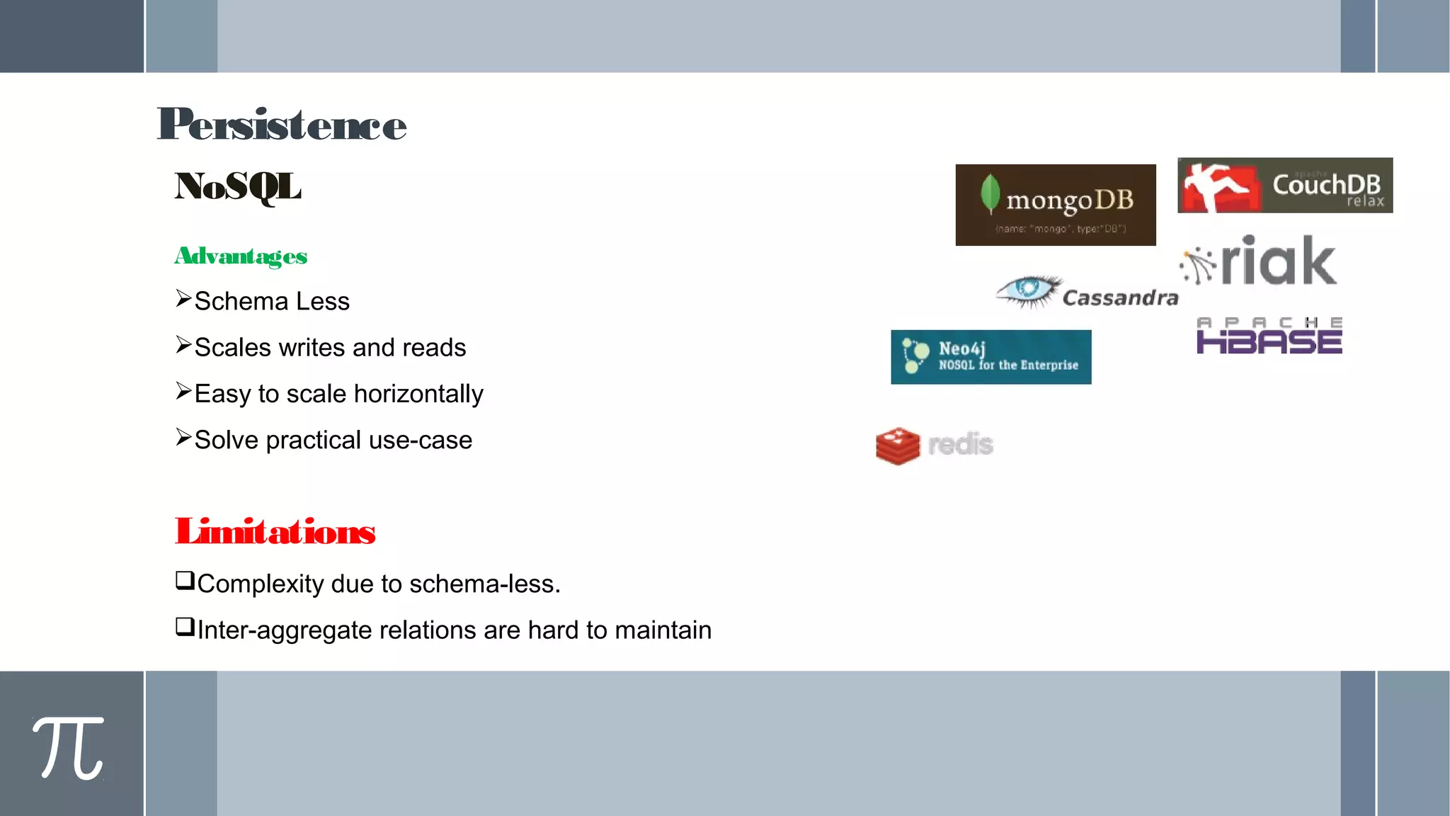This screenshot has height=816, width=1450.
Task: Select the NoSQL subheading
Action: coord(238,186)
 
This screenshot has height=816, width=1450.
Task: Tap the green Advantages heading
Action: coord(241,256)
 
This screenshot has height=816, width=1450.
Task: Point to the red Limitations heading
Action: coord(275,531)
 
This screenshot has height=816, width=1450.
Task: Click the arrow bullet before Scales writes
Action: coord(183,346)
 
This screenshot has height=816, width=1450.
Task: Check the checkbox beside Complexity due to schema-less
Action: coord(185,581)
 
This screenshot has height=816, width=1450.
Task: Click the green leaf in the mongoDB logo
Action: coord(990,193)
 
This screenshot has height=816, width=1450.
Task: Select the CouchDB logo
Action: coord(1284,186)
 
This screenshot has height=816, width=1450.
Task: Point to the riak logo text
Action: coord(1278,261)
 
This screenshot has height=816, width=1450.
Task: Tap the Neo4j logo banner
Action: coord(991,357)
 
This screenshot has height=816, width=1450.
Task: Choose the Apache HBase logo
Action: coord(1269,336)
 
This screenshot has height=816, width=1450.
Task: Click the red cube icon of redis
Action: coord(897,446)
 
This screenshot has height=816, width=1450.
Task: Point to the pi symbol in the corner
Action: coord(69,747)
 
